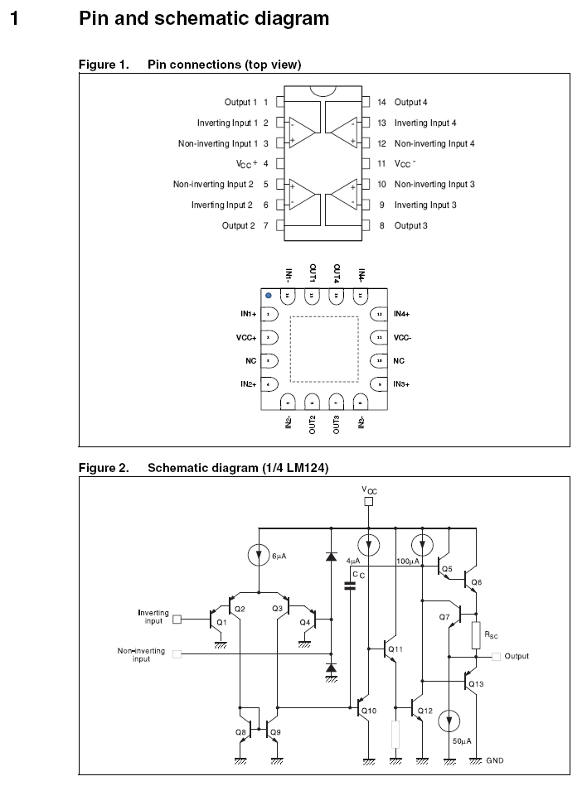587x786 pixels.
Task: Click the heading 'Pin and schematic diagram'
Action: [203, 18]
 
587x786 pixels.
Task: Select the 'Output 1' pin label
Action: [240, 103]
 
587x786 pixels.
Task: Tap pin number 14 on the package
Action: [381, 103]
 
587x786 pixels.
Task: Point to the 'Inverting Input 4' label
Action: [425, 123]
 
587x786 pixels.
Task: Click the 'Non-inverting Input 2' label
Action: [213, 185]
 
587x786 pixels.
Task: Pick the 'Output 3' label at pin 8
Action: [410, 225]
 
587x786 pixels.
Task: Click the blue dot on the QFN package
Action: [268, 295]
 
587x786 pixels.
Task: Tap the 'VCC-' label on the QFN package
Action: [402, 338]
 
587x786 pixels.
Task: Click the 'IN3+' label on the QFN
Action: [402, 384]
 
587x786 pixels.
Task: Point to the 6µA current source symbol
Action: [258, 556]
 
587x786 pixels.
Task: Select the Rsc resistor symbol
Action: [475, 635]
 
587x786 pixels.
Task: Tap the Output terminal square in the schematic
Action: [496, 657]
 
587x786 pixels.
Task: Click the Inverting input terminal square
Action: [177, 618]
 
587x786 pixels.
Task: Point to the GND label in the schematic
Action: [495, 759]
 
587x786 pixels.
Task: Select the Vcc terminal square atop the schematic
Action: [370, 502]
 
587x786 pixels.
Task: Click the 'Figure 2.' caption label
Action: [104, 469]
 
